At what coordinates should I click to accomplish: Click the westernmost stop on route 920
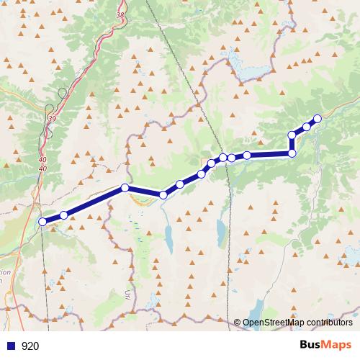pyautogui.click(x=42, y=222)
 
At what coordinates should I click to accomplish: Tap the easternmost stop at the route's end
pyautogui.click(x=317, y=119)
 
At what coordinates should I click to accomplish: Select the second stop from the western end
pyautogui.click(x=63, y=215)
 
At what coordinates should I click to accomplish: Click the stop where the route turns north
pyautogui.click(x=292, y=153)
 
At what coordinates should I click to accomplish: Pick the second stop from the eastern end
pyautogui.click(x=307, y=127)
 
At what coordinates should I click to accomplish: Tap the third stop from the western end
pyautogui.click(x=125, y=188)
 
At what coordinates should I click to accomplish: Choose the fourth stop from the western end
pyautogui.click(x=163, y=195)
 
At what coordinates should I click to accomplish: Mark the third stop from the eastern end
pyautogui.click(x=292, y=135)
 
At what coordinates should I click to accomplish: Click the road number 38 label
pyautogui.click(x=119, y=14)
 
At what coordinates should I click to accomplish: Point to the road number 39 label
pyautogui.click(x=50, y=118)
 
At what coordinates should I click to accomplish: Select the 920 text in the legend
pyautogui.click(x=30, y=346)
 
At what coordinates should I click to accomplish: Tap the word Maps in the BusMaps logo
pyautogui.click(x=338, y=346)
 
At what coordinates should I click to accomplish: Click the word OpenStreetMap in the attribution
pyautogui.click(x=274, y=323)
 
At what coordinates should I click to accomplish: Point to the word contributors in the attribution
pyautogui.click(x=329, y=323)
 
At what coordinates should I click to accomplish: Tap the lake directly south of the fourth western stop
pyautogui.click(x=168, y=235)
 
